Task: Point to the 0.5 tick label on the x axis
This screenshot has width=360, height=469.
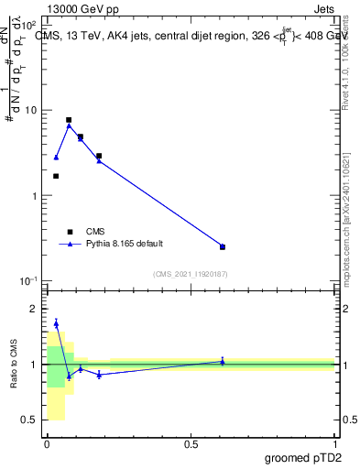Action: tap(191, 444)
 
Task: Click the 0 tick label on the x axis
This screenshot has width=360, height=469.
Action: tap(47, 444)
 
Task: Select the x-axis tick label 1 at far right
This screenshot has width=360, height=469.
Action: tap(334, 444)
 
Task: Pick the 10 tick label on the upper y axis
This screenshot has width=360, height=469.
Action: tap(31, 111)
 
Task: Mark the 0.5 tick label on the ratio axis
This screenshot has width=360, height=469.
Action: tap(31, 420)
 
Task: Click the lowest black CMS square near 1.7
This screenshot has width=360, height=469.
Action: tap(56, 176)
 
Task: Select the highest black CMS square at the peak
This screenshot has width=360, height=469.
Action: tap(69, 120)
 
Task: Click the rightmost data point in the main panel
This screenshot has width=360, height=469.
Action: tap(223, 246)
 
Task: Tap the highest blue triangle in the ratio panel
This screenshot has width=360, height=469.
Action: tap(56, 323)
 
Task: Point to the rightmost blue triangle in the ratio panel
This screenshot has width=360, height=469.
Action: tap(223, 361)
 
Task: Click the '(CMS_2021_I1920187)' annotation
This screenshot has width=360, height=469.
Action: tap(190, 273)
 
